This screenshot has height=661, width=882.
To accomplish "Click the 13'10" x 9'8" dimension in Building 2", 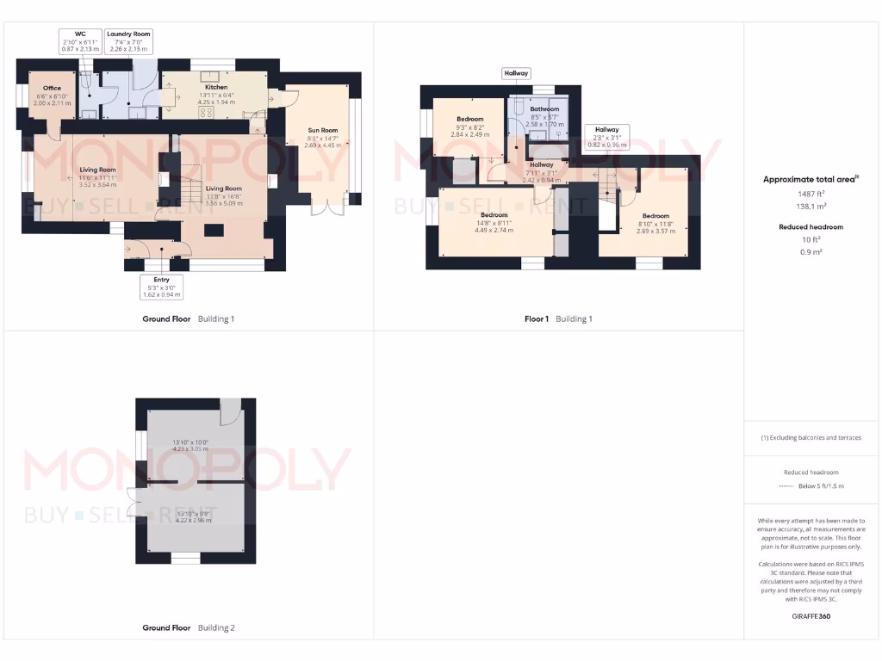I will pos(191,516).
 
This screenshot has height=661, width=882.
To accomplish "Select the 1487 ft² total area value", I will pos(812,195).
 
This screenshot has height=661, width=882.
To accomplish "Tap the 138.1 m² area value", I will pos(812,207).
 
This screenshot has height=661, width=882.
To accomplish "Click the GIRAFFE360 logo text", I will pos(812,616).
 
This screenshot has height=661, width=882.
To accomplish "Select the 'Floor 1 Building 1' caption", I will pos(558,318).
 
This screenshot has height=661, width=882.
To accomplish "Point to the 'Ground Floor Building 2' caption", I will pos(188,627).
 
